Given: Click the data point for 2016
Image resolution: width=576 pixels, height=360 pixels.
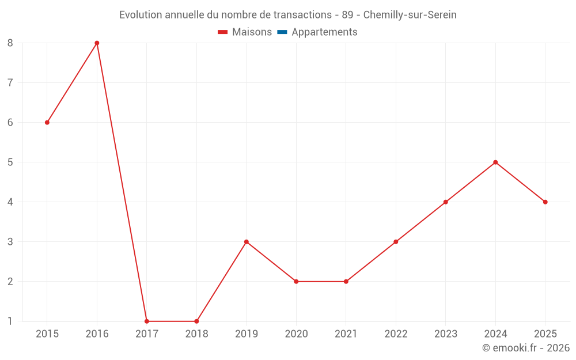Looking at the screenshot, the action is point(97,43).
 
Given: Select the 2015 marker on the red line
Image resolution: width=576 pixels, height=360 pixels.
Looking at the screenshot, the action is point(47,122).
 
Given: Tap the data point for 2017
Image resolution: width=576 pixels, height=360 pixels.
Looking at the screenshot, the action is point(147,321).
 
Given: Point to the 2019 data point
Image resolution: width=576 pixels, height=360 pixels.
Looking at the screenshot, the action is point(247,242).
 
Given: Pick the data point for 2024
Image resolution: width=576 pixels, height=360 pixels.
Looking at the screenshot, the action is point(495,162).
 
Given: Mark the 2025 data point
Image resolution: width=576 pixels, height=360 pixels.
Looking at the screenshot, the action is point(545,202).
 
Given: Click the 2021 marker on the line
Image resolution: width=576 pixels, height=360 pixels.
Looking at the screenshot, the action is point(346,282).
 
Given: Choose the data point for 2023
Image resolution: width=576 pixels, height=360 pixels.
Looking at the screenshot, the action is point(446,202).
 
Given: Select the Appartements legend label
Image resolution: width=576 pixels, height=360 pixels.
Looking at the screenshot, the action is point(324,32).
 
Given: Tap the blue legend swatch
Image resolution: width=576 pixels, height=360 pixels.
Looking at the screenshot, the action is point(282,32).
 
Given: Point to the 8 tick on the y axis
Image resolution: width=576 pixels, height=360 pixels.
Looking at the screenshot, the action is point(10,43).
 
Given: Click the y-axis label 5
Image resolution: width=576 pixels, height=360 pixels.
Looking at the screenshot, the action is point(10,162).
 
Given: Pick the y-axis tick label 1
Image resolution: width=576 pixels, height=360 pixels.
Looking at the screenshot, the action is point(10,321).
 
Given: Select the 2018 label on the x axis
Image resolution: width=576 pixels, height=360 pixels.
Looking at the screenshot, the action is point(196,334).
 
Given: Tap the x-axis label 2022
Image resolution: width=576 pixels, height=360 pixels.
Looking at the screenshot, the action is point(396,334).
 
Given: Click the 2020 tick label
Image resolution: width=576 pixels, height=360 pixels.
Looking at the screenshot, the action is point(297,334).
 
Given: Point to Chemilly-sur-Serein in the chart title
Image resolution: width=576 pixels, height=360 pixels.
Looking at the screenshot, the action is point(410,15).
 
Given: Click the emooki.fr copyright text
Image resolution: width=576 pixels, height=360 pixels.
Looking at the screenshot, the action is point(526,347).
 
